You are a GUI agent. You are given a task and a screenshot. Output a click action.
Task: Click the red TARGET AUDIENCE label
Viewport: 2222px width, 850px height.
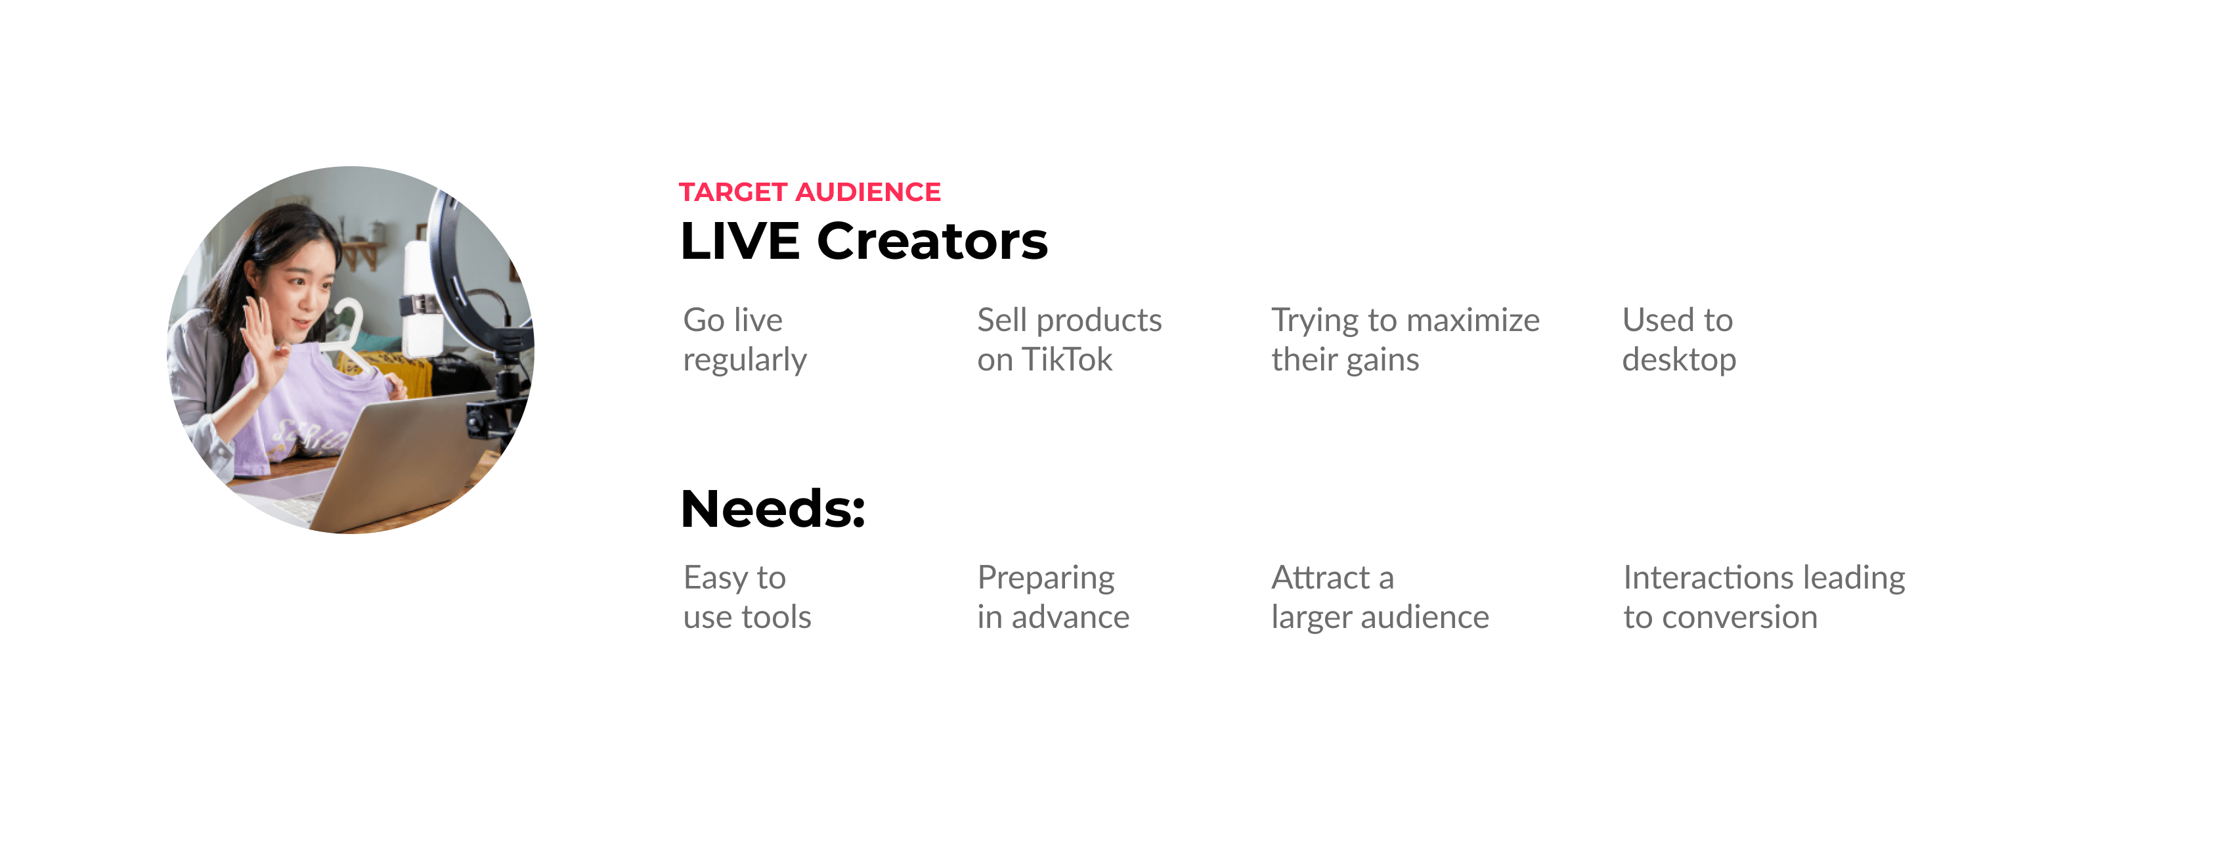pyautogui.click(x=809, y=192)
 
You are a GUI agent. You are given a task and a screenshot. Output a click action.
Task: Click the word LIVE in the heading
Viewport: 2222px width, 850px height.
pyautogui.click(x=739, y=241)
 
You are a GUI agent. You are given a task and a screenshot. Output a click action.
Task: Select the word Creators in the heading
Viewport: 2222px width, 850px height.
pyautogui.click(x=932, y=241)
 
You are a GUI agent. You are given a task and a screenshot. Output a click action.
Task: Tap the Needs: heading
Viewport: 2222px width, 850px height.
pyautogui.click(x=772, y=508)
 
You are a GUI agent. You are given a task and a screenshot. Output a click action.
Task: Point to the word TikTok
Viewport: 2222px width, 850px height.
pyautogui.click(x=1066, y=359)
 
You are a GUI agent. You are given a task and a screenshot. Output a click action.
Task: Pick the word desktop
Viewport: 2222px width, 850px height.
pyautogui.click(x=1678, y=360)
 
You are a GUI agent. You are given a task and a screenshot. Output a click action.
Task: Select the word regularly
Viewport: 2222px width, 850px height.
pyautogui.click(x=745, y=360)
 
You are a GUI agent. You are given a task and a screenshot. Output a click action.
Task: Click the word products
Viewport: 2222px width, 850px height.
pyautogui.click(x=1099, y=320)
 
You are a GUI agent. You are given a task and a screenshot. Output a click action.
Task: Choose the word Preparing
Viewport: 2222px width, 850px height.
pyautogui.click(x=1045, y=578)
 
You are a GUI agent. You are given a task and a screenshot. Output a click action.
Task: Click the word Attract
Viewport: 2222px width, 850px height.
pyautogui.click(x=1320, y=577)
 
